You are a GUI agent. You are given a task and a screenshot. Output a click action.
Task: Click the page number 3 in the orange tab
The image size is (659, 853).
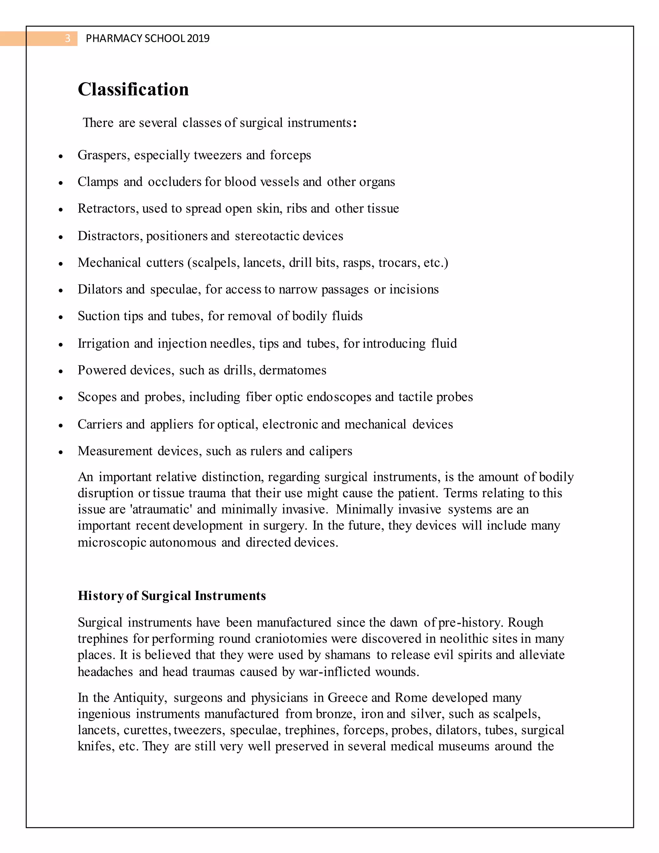68,38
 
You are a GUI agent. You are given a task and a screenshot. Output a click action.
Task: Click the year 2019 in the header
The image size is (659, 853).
198,38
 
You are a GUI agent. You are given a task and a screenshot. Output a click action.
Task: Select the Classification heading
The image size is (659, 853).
133,89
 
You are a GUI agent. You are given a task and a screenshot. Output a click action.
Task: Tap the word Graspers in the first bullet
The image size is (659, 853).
104,155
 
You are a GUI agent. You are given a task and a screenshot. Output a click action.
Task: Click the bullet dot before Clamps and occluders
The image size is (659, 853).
60,183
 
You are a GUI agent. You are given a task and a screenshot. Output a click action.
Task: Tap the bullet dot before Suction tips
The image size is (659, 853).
60,317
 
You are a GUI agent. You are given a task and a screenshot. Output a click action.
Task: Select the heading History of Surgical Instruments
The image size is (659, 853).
172,595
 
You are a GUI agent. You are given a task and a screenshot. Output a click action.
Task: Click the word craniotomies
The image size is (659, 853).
291,639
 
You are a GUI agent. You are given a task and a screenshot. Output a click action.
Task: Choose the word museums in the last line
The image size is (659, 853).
463,746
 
